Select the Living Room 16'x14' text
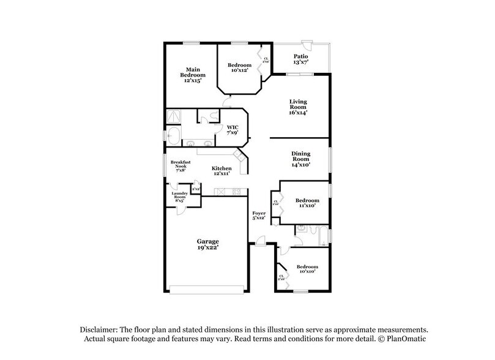tap(298, 107)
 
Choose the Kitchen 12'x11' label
tap(221, 171)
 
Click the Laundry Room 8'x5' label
tap(179, 196)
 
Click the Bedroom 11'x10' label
tap(307, 203)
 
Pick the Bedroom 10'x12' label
tap(239, 68)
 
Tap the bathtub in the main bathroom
tap(173, 135)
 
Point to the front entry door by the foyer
tap(261, 243)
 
